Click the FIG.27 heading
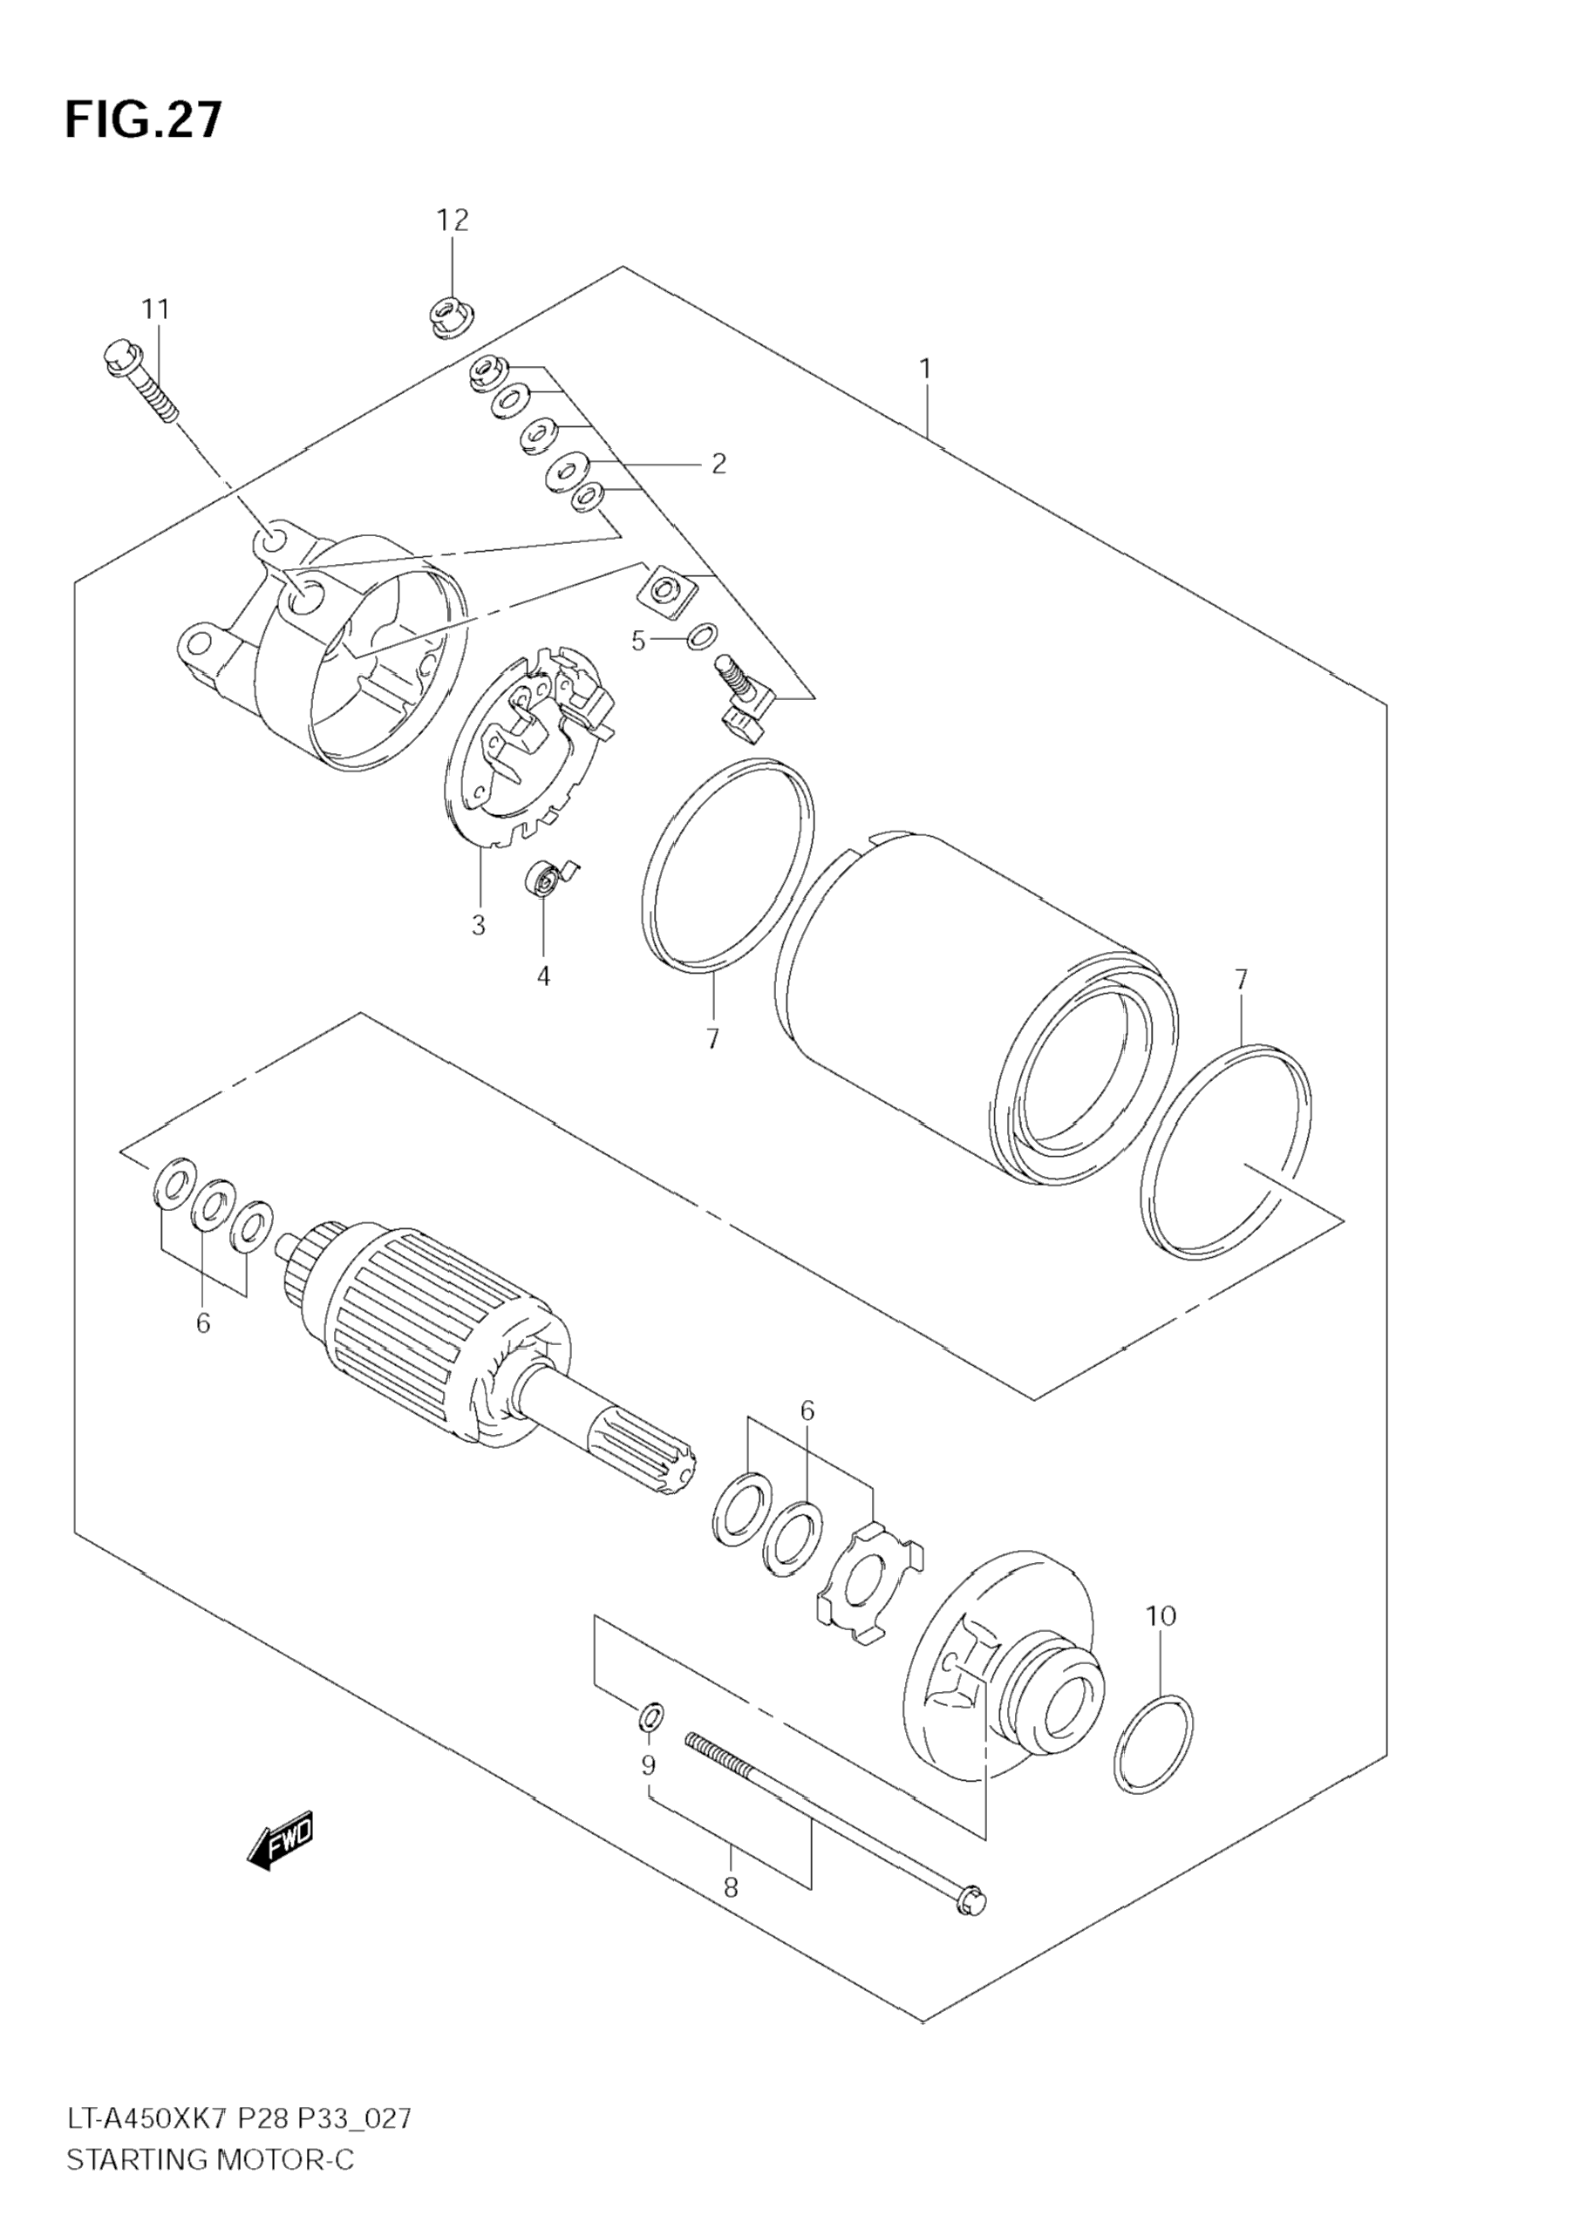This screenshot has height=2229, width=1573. tap(144, 120)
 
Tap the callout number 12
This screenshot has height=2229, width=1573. tap(453, 221)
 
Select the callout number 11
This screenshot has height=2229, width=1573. tap(155, 309)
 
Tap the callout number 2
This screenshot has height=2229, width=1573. tap(718, 464)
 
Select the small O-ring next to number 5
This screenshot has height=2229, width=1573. tap(703, 638)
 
